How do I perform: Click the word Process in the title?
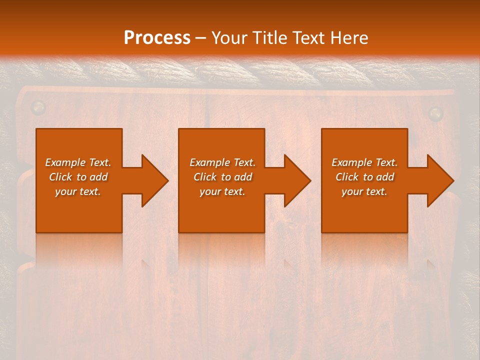point(157,37)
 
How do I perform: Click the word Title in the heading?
point(269,37)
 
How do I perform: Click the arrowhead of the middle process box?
point(296,180)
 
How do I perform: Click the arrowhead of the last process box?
point(439,180)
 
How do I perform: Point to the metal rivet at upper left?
point(38,106)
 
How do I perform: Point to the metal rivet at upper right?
point(436,113)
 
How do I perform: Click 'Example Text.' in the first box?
point(78,162)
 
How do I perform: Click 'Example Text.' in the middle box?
point(222,162)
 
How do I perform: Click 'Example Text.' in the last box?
point(364,162)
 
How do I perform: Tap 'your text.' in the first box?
point(78,191)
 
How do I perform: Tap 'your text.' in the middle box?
point(222,191)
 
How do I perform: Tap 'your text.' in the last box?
point(364,191)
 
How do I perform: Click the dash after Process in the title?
point(200,38)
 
